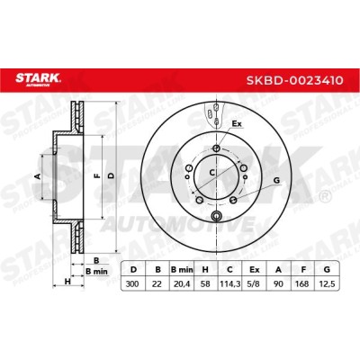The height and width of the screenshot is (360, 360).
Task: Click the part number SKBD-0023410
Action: point(294,80)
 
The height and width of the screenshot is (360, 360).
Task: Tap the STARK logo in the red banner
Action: point(38,79)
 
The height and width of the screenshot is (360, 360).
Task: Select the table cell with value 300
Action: point(132,283)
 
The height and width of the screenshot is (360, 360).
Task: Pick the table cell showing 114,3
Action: point(229,283)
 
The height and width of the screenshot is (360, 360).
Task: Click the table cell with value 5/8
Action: point(254,283)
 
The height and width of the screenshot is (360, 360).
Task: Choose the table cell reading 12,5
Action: point(328,283)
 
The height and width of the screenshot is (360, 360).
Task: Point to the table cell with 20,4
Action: point(182,283)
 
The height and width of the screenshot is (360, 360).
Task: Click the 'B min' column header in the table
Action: point(182,269)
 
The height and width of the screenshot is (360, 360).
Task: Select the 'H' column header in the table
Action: point(205,269)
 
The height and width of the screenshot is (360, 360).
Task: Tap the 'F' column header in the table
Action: point(303,269)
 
